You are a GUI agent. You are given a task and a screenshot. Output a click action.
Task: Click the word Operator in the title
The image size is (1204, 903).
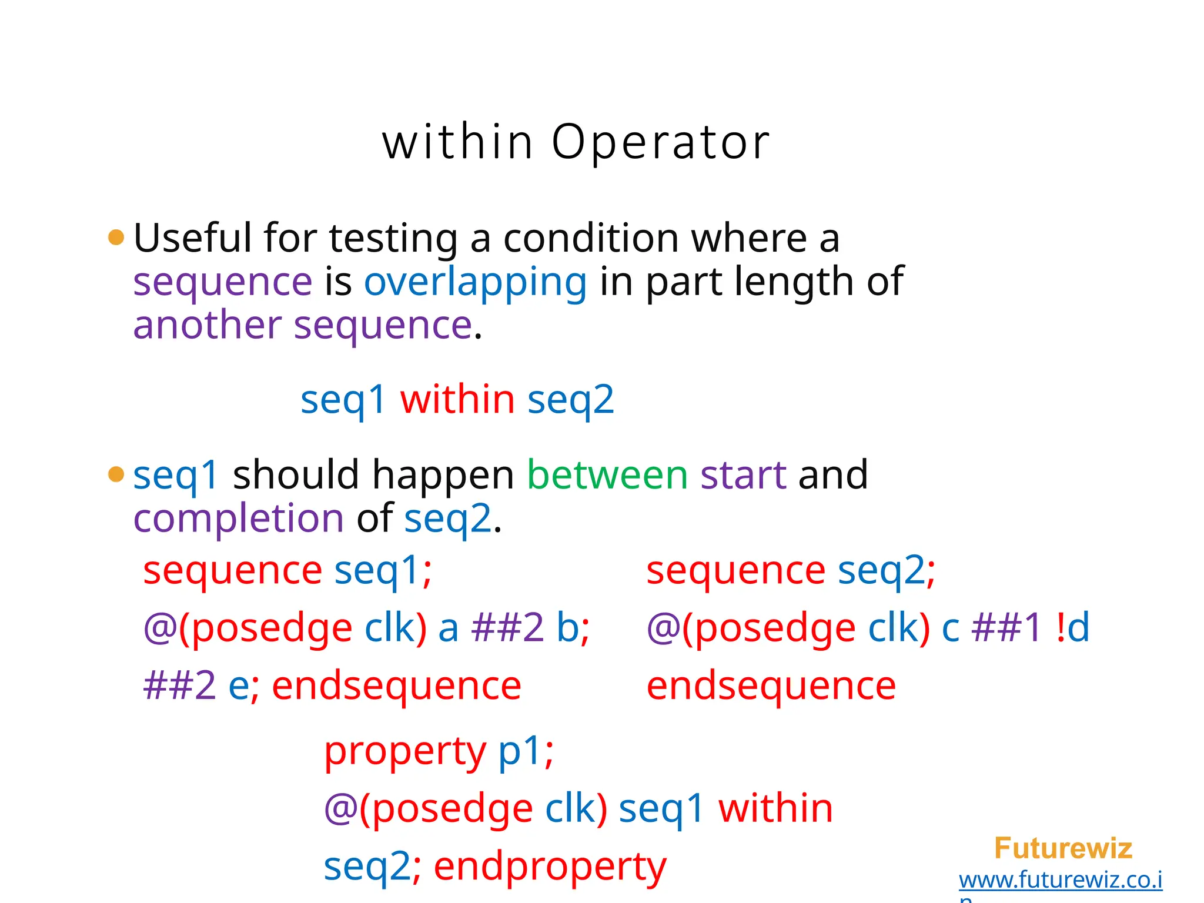pyautogui.click(x=660, y=143)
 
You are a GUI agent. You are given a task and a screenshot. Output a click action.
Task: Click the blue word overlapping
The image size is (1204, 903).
pyautogui.click(x=475, y=282)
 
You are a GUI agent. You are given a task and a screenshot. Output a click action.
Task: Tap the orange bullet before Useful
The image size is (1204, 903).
pyautogui.click(x=116, y=238)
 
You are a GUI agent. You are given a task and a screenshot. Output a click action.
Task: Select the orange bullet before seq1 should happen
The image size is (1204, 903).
pyautogui.click(x=116, y=474)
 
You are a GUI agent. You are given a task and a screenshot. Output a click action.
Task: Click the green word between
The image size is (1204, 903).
pyautogui.click(x=607, y=475)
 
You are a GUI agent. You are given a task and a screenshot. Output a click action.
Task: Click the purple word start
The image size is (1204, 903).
pyautogui.click(x=743, y=475)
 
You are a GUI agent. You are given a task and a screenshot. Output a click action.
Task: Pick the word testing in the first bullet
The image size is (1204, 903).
pyautogui.click(x=393, y=239)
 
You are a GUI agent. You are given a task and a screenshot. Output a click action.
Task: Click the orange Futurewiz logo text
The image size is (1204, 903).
pyautogui.click(x=1062, y=848)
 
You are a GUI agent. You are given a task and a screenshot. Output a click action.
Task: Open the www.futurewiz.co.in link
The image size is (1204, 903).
pyautogui.click(x=1060, y=880)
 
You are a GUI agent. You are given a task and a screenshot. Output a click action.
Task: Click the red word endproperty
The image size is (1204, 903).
pyautogui.click(x=550, y=867)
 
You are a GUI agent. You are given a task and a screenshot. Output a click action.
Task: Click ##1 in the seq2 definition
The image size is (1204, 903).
pyautogui.click(x=1006, y=627)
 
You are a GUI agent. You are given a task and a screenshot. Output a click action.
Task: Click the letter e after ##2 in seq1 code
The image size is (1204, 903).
pyautogui.click(x=239, y=687)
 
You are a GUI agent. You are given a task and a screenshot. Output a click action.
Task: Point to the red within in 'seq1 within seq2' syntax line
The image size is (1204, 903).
pyautogui.click(x=457, y=399)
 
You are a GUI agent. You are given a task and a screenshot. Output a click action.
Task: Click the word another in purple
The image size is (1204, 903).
pyautogui.click(x=207, y=326)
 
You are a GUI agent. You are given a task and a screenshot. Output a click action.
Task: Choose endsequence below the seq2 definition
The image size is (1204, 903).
pyautogui.click(x=771, y=687)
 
